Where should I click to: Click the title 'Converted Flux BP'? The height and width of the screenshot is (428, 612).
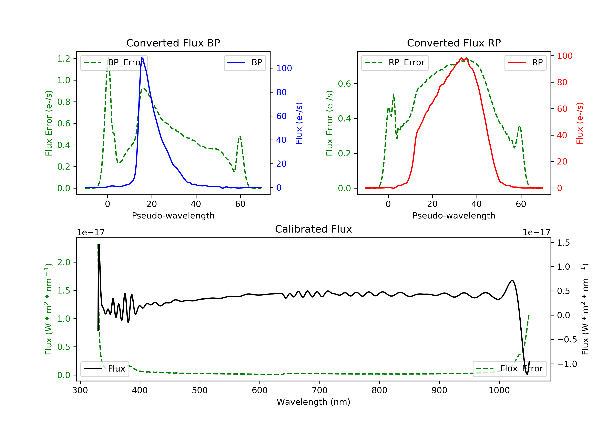pyautogui.click(x=173, y=43)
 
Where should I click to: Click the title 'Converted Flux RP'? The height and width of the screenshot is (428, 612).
pyautogui.click(x=454, y=43)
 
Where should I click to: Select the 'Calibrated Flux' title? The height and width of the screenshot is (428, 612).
pyautogui.click(x=314, y=229)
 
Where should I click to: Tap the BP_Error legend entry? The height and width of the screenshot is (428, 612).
pyautogui.click(x=114, y=63)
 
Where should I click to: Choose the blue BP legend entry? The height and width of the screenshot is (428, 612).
pyautogui.click(x=245, y=63)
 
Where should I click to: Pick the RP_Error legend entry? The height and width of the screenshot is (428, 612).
pyautogui.click(x=395, y=63)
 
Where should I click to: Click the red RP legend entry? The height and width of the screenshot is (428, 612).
pyautogui.click(x=525, y=63)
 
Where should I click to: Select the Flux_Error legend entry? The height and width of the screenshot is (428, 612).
pyautogui.click(x=509, y=369)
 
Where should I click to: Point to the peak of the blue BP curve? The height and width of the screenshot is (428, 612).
pyautogui.click(x=142, y=58)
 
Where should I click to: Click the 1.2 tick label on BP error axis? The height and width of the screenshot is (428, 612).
pyautogui.click(x=64, y=58)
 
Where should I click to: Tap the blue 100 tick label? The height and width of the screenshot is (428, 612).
pyautogui.click(x=284, y=68)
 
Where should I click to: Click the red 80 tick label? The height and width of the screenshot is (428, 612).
pyautogui.click(x=562, y=82)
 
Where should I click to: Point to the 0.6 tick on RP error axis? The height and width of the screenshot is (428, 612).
pyautogui.click(x=344, y=84)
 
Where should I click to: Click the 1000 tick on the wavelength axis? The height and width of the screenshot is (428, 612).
pyautogui.click(x=499, y=390)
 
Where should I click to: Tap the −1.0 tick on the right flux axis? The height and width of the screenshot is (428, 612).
pyautogui.click(x=567, y=364)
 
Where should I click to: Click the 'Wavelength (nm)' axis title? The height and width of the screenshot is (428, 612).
pyautogui.click(x=314, y=402)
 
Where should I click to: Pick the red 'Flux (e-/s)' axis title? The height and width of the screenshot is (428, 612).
pyautogui.click(x=580, y=123)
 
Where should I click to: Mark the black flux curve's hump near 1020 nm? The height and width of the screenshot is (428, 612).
pyautogui.click(x=512, y=281)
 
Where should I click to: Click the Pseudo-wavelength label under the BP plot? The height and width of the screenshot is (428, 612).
pyautogui.click(x=173, y=216)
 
